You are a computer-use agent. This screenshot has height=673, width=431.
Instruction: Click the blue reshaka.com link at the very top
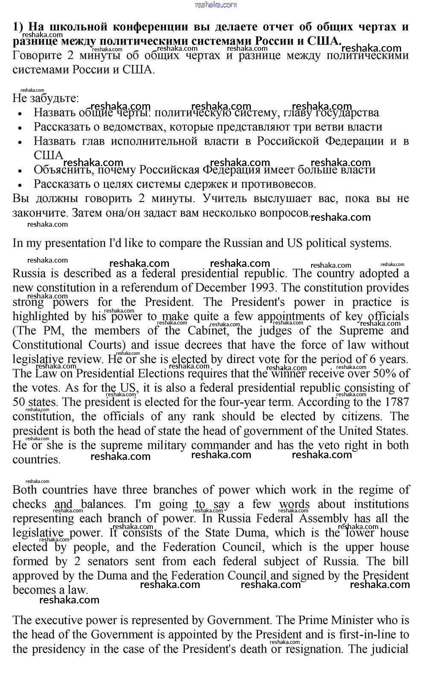(x=215, y=5)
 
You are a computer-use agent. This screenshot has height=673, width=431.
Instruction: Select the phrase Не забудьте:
(x=46, y=98)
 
